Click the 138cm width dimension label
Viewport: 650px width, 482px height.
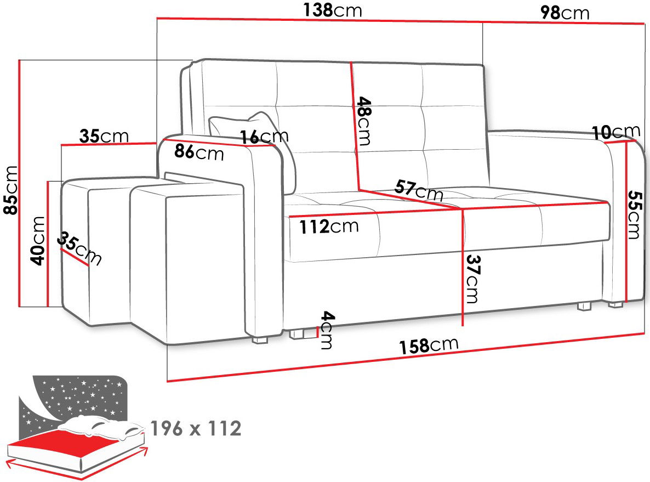pyautogui.click(x=333, y=10)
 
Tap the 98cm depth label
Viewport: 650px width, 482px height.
pyautogui.click(x=565, y=13)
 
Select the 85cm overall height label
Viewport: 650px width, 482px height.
pyautogui.click(x=11, y=190)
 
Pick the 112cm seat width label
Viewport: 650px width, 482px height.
pyautogui.click(x=329, y=226)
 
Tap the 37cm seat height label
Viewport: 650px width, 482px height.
pyautogui.click(x=472, y=279)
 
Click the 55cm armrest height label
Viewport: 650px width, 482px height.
pyautogui.click(x=634, y=214)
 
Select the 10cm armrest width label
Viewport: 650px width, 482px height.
pyautogui.click(x=616, y=132)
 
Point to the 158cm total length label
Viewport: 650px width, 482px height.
pyautogui.click(x=429, y=345)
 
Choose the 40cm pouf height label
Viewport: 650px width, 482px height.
pyautogui.click(x=38, y=241)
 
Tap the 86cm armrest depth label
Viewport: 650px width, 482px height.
pyautogui.click(x=199, y=152)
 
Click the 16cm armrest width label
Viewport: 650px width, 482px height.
pyautogui.click(x=265, y=136)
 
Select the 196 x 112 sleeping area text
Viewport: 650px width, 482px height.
pyautogui.click(x=196, y=428)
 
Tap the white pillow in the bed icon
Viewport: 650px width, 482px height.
pyautogui.click(x=101, y=427)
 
